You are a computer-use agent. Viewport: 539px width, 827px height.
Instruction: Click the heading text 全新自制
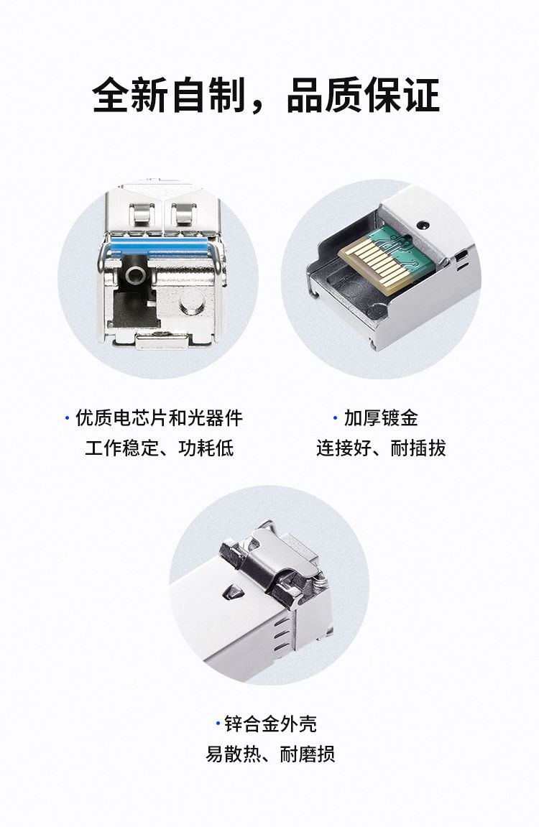169,95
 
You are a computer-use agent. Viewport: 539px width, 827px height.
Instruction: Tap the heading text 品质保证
364,95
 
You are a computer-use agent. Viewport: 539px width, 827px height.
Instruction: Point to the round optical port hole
136,274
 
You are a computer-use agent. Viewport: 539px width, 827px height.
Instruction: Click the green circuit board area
409,244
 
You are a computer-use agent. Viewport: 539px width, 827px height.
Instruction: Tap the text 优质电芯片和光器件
160,418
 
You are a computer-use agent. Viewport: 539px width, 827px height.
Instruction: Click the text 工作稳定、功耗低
160,448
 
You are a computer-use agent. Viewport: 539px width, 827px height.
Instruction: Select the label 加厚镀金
381,418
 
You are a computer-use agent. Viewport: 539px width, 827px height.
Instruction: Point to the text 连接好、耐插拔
381,448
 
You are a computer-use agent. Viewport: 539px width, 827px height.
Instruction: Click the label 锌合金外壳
270,724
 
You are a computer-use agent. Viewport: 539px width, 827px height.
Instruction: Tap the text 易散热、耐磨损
270,754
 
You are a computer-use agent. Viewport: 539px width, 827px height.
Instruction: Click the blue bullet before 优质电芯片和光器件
67,418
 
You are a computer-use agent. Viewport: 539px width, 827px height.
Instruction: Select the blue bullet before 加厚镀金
335,418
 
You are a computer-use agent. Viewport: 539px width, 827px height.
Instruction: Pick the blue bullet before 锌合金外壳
217,724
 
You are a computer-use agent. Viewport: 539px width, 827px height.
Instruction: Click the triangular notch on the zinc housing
232,591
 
